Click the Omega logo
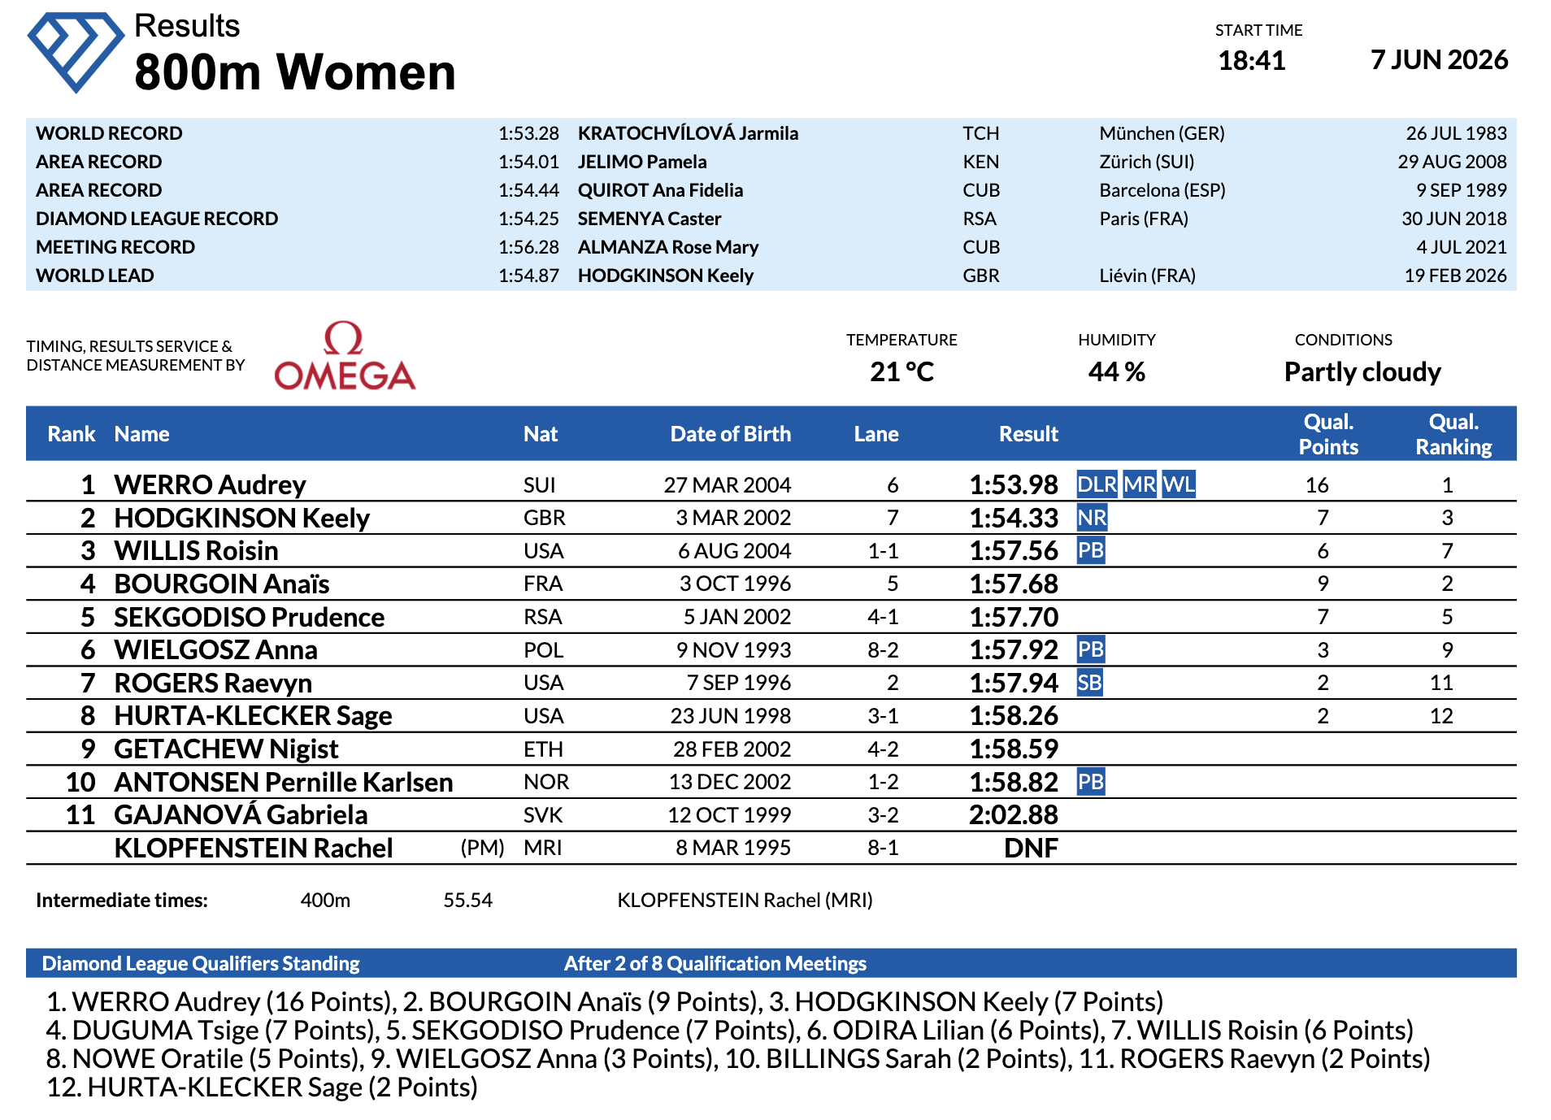345,356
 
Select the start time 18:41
1252,60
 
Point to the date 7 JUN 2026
1439,59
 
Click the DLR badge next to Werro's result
1097,484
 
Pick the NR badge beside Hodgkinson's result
1092,518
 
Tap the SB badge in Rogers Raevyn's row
1089,683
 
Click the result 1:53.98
1014,484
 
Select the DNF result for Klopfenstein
1031,848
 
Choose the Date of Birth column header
730,434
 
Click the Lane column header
875,434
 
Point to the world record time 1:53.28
528,133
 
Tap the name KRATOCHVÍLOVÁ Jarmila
688,133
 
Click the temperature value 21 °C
901,372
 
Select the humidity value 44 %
1116,372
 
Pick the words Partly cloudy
1362,372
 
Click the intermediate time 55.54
467,901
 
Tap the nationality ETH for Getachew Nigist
543,749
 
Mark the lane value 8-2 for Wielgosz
883,650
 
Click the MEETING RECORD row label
115,247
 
